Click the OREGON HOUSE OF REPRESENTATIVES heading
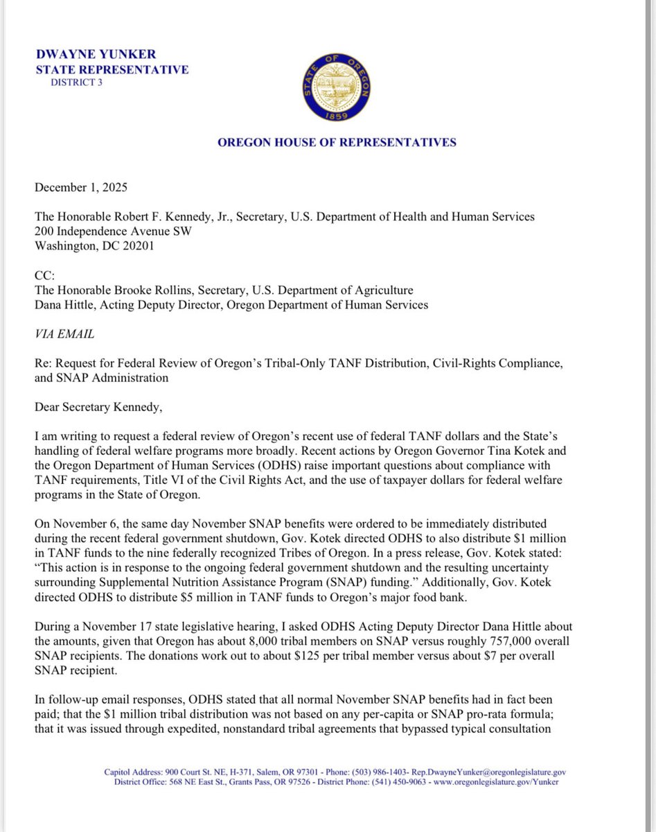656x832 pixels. [x=337, y=143]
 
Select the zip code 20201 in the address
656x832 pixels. [x=134, y=246]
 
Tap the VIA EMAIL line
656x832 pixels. [x=64, y=333]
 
